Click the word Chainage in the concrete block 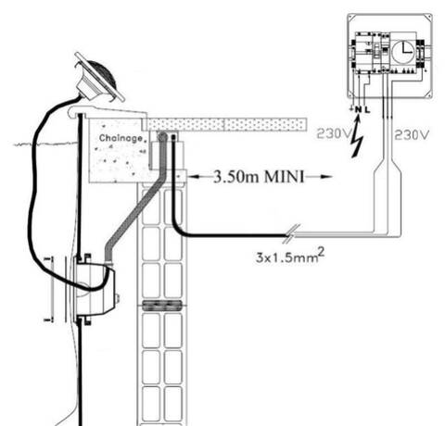[x=121, y=138]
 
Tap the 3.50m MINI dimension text [x=259, y=177]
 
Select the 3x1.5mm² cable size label [x=290, y=256]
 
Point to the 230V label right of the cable [x=413, y=134]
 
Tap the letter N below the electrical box [x=358, y=109]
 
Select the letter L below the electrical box [x=367, y=109]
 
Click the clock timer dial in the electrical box [x=404, y=52]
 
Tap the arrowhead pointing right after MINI [x=326, y=177]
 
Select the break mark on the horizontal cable [x=292, y=233]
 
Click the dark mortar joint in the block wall [x=162, y=306]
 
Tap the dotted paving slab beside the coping [x=226, y=124]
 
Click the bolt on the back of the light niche [x=118, y=298]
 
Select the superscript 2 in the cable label [x=322, y=253]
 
